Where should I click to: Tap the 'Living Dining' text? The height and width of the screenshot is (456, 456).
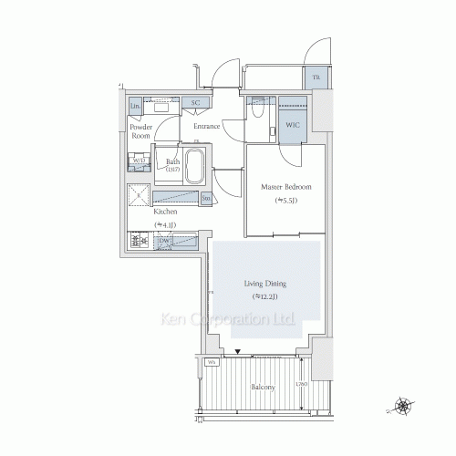point(264,284)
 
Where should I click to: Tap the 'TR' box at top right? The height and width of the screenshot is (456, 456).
point(316,79)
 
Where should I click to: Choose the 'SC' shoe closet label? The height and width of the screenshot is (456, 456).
point(195,104)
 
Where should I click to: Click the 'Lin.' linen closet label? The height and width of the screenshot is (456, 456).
point(136,107)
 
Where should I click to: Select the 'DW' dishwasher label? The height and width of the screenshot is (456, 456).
point(165,242)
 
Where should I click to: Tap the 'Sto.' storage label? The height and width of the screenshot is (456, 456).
point(206,198)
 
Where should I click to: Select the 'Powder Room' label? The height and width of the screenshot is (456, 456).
point(141,131)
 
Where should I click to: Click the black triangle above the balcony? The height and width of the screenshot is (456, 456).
point(238,352)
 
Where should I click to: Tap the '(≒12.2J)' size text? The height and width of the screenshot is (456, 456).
point(264,296)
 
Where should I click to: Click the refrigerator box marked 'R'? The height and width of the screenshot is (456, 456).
point(139,194)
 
